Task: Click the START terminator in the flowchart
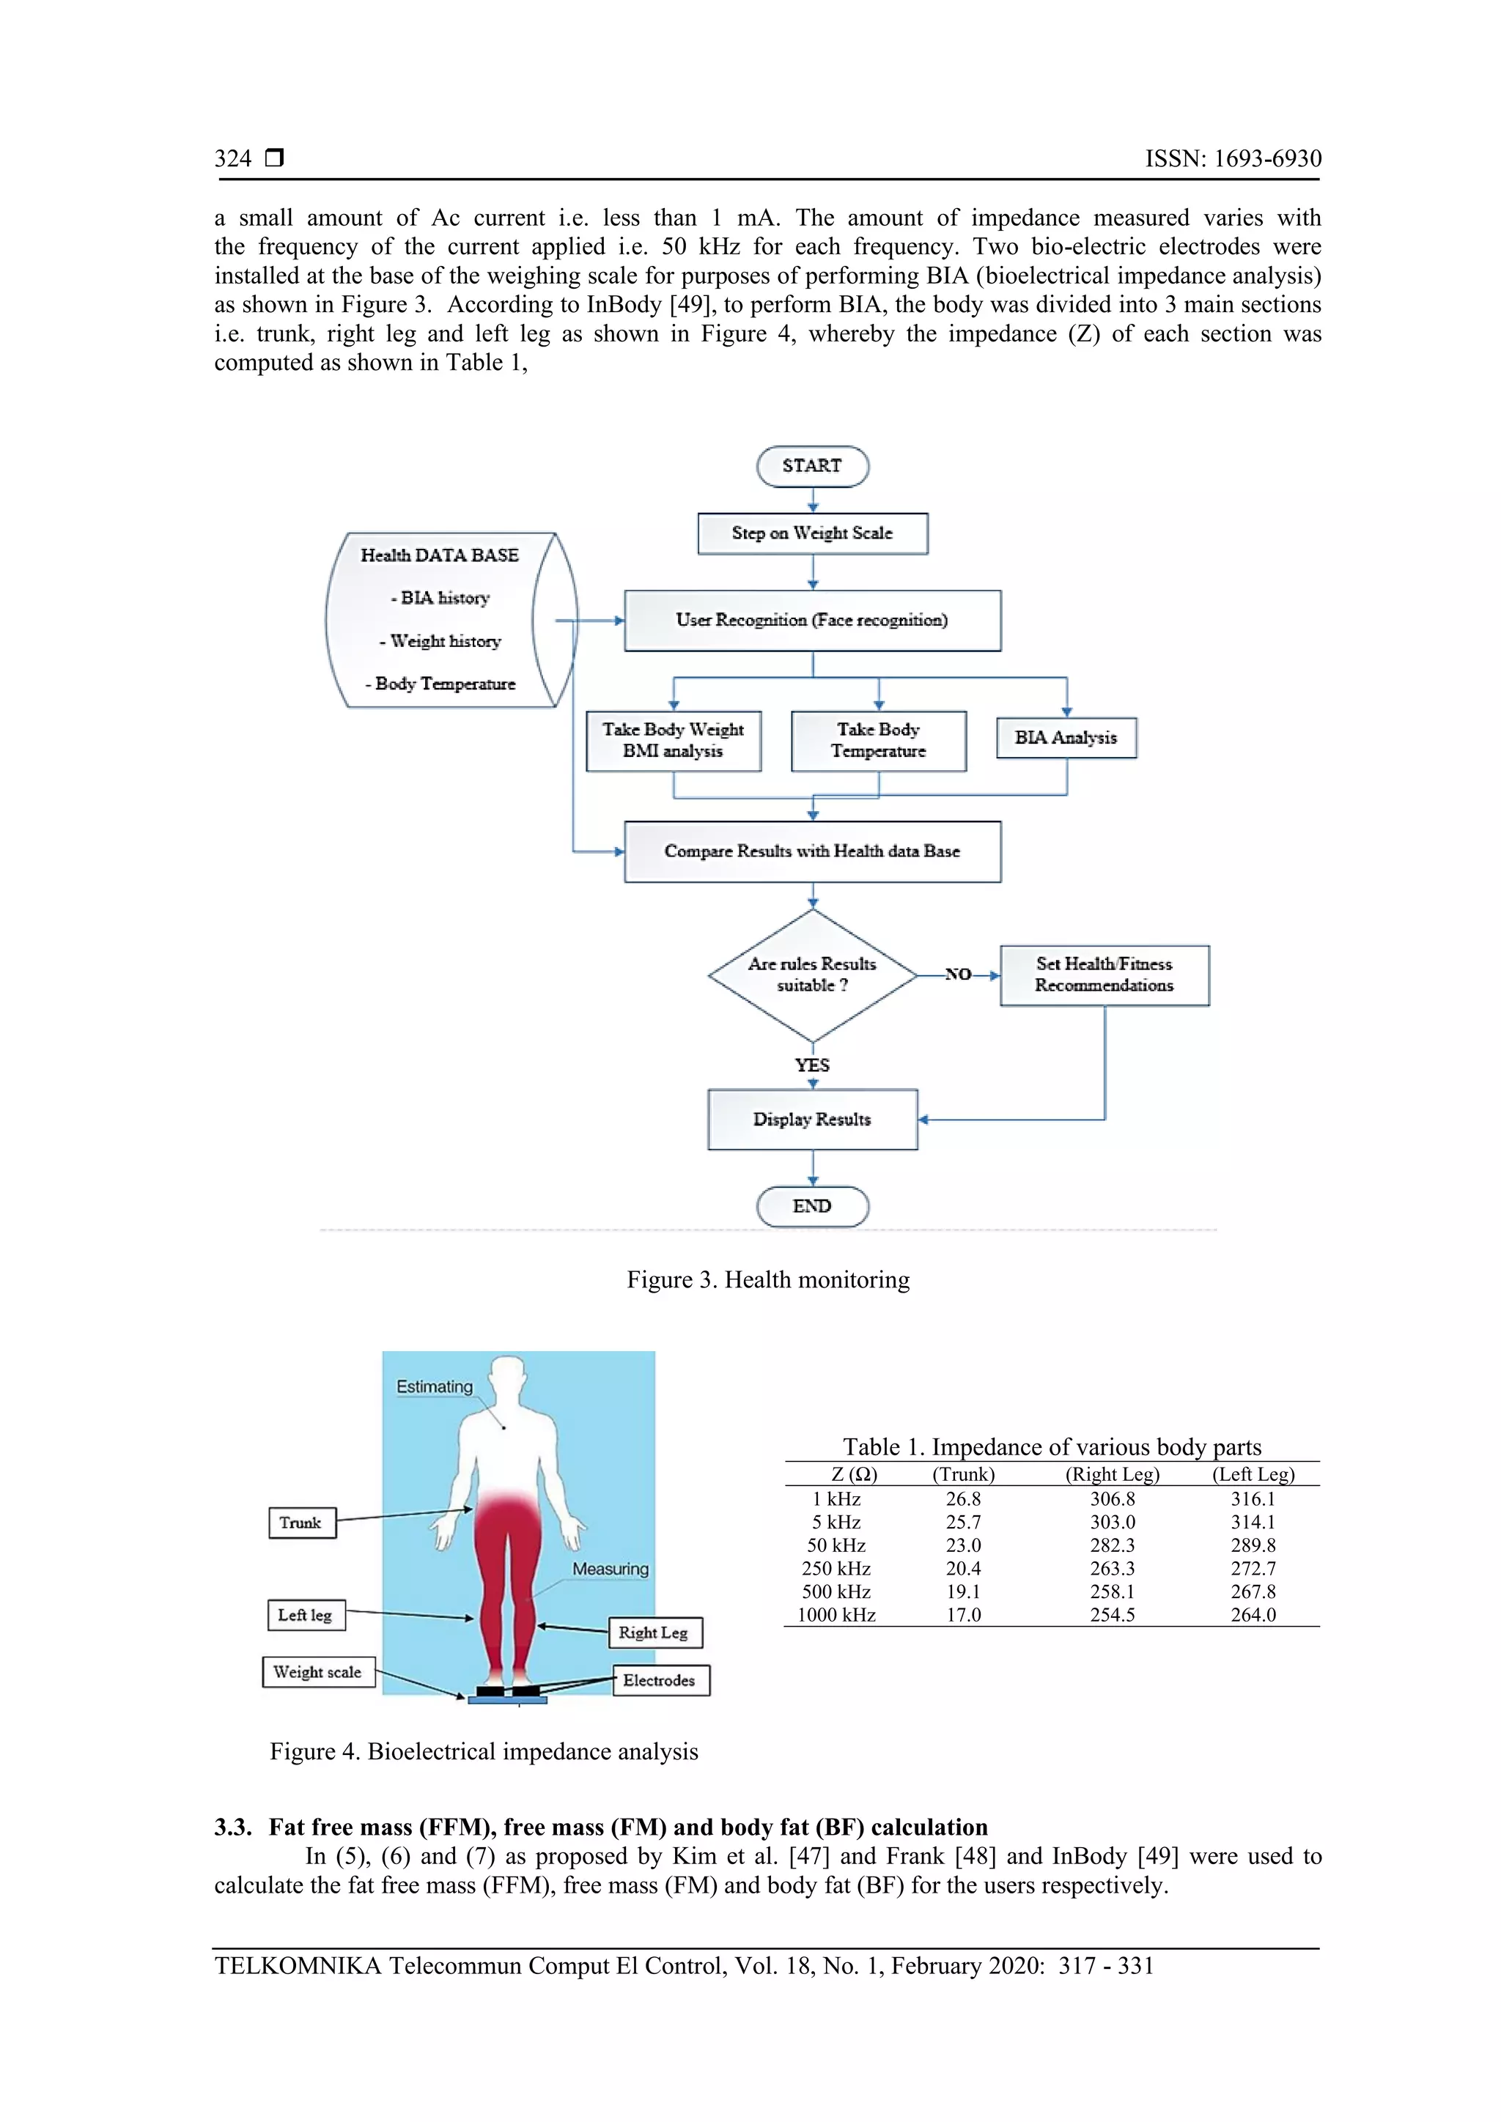pos(811,466)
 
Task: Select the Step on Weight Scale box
pos(811,533)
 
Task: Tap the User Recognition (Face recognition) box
pos(811,620)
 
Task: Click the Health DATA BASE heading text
pos(439,555)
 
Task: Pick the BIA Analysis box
pos(1066,738)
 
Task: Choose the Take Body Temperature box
pos(878,740)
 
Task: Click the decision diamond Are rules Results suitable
pos(811,975)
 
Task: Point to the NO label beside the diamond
pos(957,974)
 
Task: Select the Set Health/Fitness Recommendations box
pos(1104,975)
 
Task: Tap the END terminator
pos(811,1206)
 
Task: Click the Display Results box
pos(811,1119)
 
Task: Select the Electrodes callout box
pos(660,1680)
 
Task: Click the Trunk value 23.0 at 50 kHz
pos(963,1545)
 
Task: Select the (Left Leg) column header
pos(1253,1474)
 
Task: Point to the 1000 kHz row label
pos(836,1615)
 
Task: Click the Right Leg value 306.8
pos(1112,1499)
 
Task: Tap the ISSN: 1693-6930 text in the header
pos(1233,158)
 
